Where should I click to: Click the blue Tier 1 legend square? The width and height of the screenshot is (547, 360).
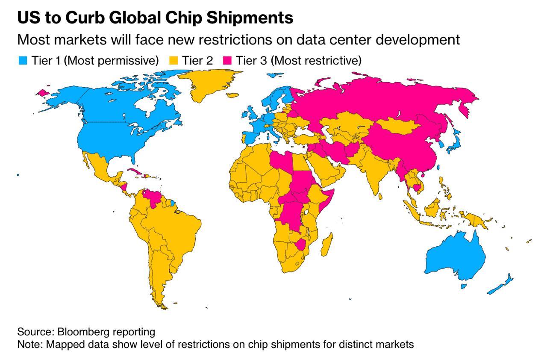(23, 61)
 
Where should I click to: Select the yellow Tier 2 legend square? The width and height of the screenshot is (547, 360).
(174, 61)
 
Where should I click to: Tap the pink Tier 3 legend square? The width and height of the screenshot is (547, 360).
(227, 61)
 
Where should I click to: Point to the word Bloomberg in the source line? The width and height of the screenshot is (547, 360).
(80, 332)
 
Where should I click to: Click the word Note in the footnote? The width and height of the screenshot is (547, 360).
(27, 344)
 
